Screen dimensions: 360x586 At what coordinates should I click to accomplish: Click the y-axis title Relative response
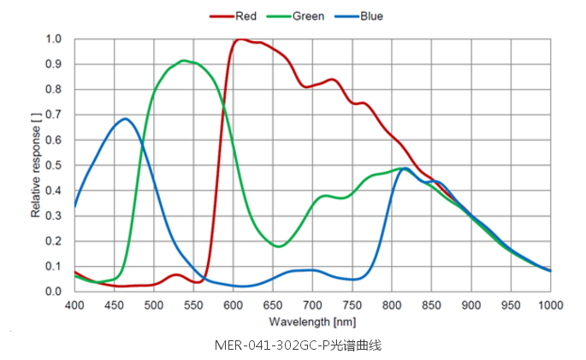point(36,164)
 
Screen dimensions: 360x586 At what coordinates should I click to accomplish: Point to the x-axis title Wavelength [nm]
point(311,322)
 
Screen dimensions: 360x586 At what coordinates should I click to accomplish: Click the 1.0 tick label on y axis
point(54,39)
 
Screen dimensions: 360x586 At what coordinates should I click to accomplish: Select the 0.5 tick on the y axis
point(54,165)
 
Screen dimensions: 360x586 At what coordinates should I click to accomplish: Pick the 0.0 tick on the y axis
point(54,292)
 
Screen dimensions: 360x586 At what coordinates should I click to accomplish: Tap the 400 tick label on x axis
point(74,304)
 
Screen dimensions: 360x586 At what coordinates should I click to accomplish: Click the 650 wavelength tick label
point(273,304)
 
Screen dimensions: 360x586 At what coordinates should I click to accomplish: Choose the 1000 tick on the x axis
point(550,304)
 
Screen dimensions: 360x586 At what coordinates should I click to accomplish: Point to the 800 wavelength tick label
point(392,304)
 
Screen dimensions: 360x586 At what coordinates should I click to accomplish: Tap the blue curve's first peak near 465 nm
point(125,119)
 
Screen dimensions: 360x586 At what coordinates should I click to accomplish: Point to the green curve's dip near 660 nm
point(279,246)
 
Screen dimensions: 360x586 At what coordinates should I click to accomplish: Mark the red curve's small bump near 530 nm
point(176,274)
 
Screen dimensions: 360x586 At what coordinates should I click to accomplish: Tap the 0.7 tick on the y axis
point(54,115)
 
